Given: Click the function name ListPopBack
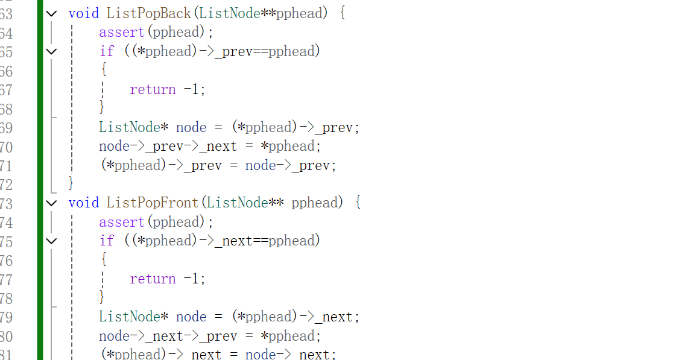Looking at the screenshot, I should coord(148,13).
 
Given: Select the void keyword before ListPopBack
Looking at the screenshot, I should coord(83,13).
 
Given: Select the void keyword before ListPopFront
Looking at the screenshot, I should coord(83,203).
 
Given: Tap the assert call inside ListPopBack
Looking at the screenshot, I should coord(122,32).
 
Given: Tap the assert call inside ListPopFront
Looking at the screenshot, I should coord(122,222).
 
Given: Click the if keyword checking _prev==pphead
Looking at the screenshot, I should coord(107,51).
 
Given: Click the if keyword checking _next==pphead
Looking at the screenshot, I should coord(107,241).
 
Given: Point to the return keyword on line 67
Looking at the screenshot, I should coord(153,89).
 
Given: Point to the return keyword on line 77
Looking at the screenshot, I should coord(153,279).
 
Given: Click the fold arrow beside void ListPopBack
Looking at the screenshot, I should coord(52,13).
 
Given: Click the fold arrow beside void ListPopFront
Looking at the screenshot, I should coord(52,203).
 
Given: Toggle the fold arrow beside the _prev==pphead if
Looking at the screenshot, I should coord(52,51).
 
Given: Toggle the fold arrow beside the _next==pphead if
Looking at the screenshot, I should coord(52,241).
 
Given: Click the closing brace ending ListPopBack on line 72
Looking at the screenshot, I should coord(71,182).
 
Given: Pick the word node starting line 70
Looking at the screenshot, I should coord(114,146).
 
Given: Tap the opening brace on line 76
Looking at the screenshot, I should coord(103,259).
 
